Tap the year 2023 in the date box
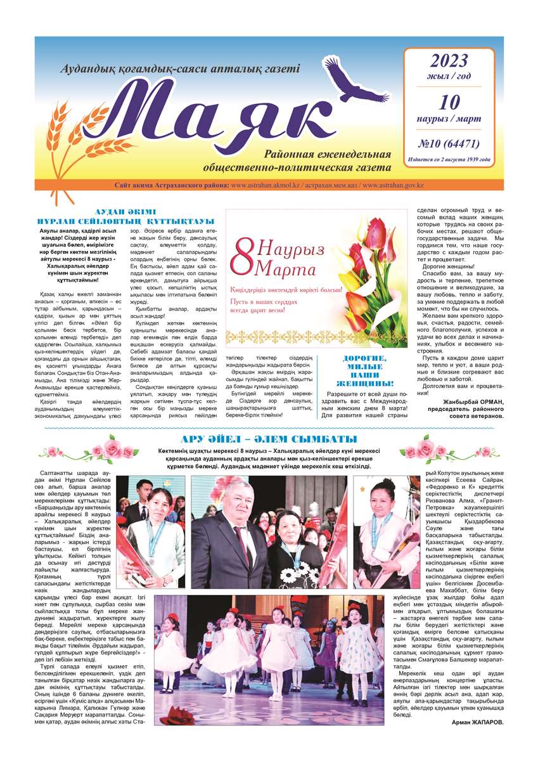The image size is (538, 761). pyautogui.click(x=449, y=61)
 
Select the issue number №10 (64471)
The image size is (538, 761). pyautogui.click(x=449, y=143)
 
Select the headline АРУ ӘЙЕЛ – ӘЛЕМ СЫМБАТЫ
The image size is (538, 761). pyautogui.click(x=269, y=439)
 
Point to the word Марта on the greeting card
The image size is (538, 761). pyautogui.click(x=288, y=269)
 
